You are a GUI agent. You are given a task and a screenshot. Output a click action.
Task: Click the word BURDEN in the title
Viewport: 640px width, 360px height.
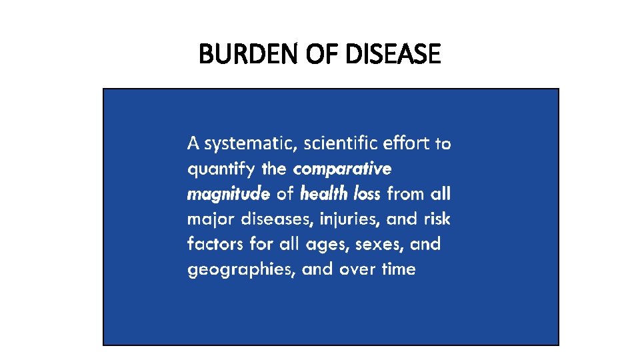pyautogui.click(x=241, y=54)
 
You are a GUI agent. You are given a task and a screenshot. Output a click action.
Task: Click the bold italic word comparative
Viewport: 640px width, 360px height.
pyautogui.click(x=343, y=169)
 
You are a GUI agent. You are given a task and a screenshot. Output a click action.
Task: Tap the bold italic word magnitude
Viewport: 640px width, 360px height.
pyautogui.click(x=229, y=194)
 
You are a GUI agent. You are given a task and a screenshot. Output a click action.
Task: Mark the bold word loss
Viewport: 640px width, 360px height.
pyautogui.click(x=367, y=194)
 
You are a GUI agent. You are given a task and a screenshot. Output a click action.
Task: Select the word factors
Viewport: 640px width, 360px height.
pyautogui.click(x=215, y=244)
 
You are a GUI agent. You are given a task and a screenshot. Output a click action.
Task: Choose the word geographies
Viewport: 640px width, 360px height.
pyautogui.click(x=241, y=270)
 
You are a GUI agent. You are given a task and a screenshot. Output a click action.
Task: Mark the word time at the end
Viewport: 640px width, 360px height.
pyautogui.click(x=399, y=269)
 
